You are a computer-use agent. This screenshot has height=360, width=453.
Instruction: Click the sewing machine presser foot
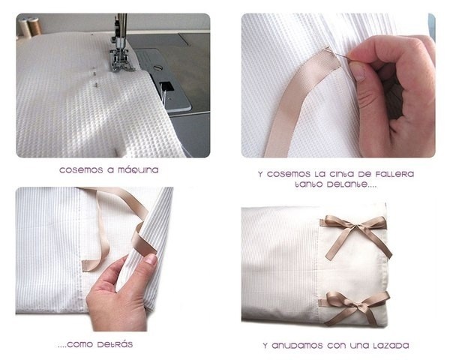click(121, 60)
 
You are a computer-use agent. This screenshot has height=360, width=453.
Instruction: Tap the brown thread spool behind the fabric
click(35, 26)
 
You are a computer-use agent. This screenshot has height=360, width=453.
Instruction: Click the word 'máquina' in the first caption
click(138, 170)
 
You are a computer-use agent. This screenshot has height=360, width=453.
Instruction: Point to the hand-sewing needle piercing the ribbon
click(337, 54)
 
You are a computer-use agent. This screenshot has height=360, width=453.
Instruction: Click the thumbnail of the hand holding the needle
click(357, 71)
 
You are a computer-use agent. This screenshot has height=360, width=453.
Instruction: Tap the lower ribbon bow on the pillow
click(355, 306)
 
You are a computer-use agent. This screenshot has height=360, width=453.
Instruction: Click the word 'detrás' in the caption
click(115, 344)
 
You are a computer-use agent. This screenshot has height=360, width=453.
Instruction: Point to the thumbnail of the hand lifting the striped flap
click(151, 259)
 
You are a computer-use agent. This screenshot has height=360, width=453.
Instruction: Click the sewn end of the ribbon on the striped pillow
click(85, 265)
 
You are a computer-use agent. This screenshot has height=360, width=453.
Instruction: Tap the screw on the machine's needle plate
click(157, 68)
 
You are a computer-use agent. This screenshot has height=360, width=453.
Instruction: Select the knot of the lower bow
click(356, 306)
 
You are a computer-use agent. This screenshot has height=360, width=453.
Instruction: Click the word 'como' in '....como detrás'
click(80, 344)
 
